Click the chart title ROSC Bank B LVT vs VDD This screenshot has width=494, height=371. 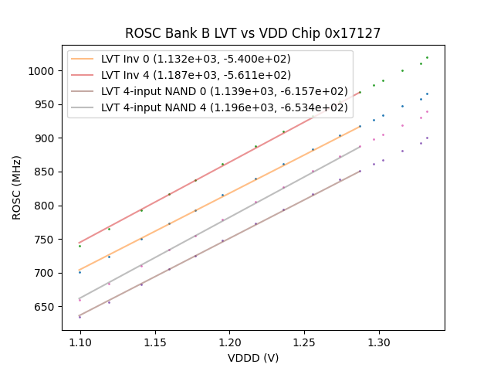253,33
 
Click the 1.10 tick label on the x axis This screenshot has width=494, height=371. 80,341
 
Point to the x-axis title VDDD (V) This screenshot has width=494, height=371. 253,358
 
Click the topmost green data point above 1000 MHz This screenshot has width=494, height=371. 427,57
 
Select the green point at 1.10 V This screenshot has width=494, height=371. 80,246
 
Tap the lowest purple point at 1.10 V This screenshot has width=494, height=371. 80,317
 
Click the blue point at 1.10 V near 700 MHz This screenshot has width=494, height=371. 80,272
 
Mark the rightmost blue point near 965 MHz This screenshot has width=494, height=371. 427,94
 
